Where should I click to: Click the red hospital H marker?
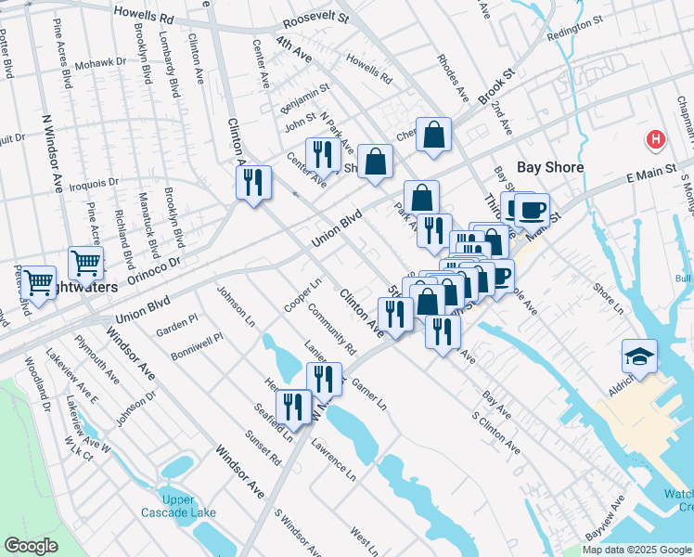(x=656, y=141)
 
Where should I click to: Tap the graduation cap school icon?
(x=640, y=356)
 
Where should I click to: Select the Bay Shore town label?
(x=550, y=167)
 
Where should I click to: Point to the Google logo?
(x=31, y=546)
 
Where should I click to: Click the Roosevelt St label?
(x=315, y=18)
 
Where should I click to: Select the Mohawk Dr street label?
(x=100, y=62)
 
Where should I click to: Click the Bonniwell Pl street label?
(x=197, y=346)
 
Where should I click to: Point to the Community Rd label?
(x=332, y=330)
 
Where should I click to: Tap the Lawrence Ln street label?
(x=334, y=454)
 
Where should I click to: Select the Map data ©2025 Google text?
(x=636, y=550)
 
